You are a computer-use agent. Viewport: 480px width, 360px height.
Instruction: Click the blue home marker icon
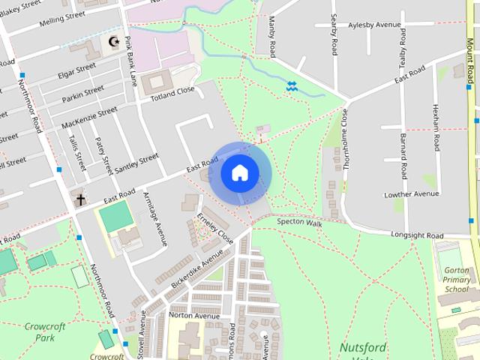pyautogui.click(x=239, y=173)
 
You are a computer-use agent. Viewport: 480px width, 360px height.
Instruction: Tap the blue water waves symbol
pyautogui.click(x=292, y=88)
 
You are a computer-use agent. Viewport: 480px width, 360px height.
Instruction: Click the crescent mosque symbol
pyautogui.click(x=114, y=42)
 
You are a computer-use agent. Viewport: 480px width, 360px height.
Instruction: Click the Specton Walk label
pyautogui.click(x=299, y=223)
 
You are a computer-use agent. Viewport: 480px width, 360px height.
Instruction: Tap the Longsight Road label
pyautogui.click(x=417, y=235)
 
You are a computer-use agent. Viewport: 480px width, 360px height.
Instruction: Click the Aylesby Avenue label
pyautogui.click(x=375, y=25)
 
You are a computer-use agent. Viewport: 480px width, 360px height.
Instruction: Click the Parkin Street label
pyautogui.click(x=82, y=94)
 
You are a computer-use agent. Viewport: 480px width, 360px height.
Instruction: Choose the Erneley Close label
pyautogui.click(x=215, y=226)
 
